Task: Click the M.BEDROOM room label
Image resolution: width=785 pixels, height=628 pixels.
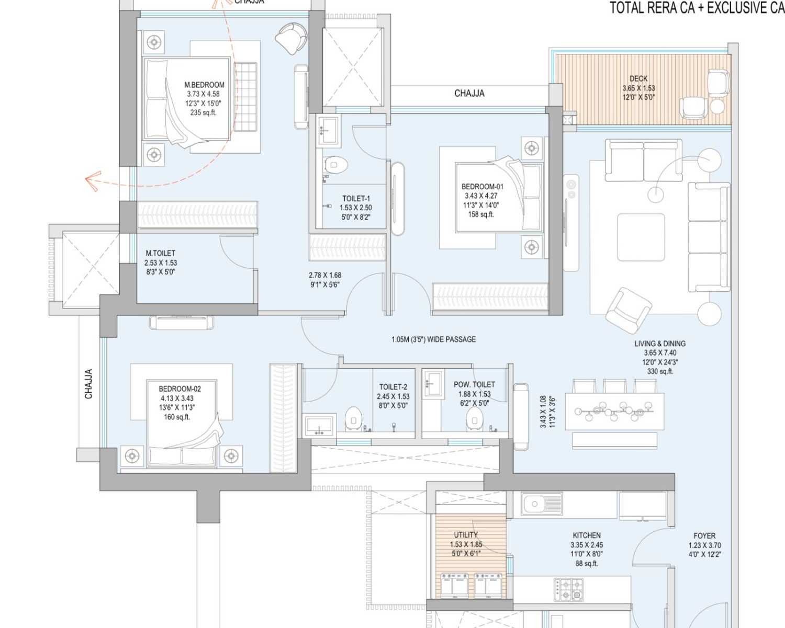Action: (204, 85)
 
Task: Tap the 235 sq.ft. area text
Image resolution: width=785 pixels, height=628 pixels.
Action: (203, 112)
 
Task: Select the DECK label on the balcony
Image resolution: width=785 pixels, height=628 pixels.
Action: (638, 79)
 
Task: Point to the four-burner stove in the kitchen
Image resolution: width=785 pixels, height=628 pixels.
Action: (568, 589)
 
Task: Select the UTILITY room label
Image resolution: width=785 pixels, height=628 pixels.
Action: (466, 535)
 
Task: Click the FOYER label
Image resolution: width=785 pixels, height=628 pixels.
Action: (704, 536)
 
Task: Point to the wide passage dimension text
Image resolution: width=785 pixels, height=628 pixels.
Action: (433, 339)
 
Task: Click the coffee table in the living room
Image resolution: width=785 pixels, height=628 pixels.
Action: (641, 237)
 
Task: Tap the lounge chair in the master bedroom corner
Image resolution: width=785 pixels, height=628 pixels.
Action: (291, 38)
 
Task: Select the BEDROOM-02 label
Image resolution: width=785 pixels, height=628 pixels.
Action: (180, 389)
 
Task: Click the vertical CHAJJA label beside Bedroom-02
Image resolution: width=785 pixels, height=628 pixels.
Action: (88, 384)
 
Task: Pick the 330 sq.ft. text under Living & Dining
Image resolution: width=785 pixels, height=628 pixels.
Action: (660, 371)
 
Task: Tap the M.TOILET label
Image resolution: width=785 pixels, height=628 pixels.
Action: (160, 253)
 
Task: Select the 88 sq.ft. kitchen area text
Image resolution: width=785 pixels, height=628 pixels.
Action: (586, 563)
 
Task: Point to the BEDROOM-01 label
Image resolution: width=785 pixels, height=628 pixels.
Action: (482, 187)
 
